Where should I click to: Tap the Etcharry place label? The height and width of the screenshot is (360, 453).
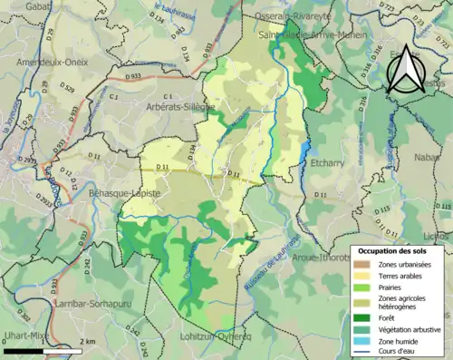point(327,164)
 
